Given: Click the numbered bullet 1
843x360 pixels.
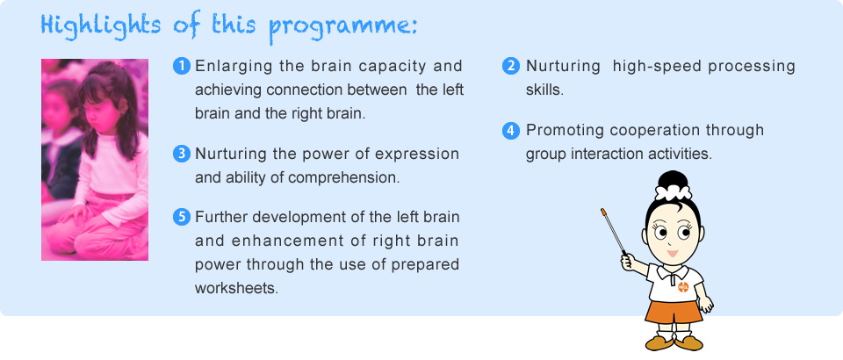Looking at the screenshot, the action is (182, 66).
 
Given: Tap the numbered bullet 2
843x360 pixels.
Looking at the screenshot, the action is (511, 66).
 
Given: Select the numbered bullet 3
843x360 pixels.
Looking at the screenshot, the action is (182, 155).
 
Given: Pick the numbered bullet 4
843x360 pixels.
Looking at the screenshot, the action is (511, 131).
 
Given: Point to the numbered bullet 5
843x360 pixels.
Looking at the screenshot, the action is (182, 218).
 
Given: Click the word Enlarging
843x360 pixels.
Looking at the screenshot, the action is (232, 66).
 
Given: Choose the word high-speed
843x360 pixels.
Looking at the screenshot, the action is (656, 67).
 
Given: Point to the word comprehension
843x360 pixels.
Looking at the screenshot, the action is (343, 178).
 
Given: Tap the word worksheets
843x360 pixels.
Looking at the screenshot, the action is (236, 287).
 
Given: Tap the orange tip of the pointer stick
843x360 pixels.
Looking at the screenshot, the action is (602, 212).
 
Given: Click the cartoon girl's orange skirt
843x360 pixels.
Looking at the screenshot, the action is (674, 313).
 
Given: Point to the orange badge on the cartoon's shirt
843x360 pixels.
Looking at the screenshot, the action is (683, 287).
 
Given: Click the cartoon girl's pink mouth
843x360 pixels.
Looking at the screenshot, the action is (672, 253).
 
